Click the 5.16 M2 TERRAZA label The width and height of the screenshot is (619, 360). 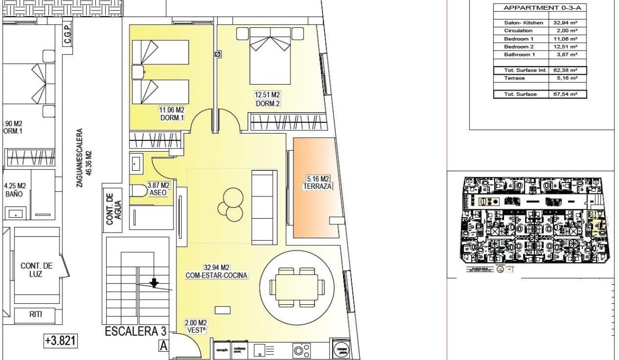coord(317,182)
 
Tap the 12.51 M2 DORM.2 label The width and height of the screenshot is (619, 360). coord(267,99)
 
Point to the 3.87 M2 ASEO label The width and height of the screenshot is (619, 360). coord(158,188)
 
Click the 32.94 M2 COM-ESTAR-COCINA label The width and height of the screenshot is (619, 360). coord(217,271)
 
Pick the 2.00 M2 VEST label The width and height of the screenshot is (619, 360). coord(196,326)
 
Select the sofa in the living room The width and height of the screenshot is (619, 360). coord(263,207)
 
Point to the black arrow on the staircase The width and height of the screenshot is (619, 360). coord(154,282)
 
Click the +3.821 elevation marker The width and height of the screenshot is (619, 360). coord(60,340)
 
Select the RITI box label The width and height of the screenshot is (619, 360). coord(35,315)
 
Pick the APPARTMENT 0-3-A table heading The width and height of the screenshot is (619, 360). coord(533,8)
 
